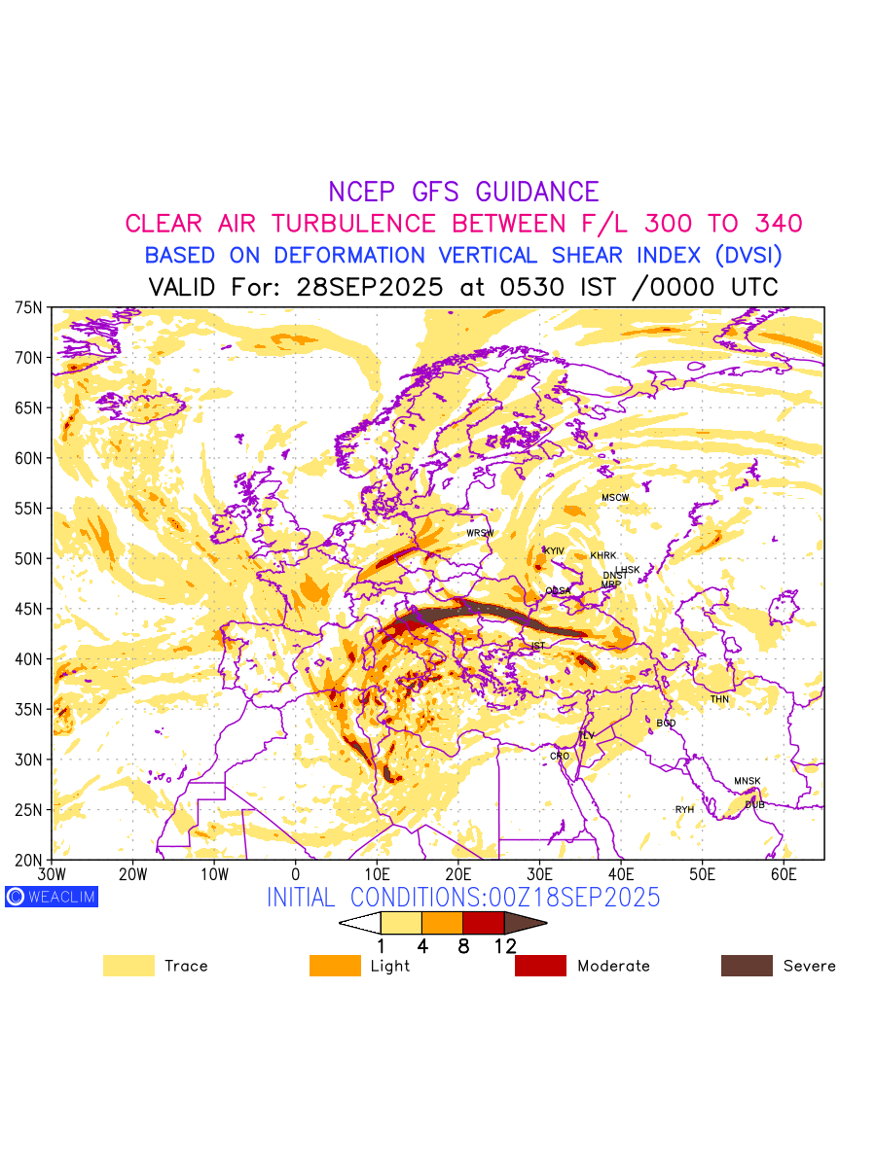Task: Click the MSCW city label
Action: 615,498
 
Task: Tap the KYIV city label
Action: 554,551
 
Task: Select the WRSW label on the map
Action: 480,533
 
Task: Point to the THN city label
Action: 719,699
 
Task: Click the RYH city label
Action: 685,809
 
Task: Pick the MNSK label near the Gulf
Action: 748,782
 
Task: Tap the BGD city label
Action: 666,724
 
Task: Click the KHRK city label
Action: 603,556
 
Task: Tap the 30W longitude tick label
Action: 52,875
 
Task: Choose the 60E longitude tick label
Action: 784,875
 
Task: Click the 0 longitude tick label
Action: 295,875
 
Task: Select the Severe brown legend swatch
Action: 747,966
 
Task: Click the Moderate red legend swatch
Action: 540,966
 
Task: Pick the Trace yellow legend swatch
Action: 128,966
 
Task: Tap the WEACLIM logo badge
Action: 52,897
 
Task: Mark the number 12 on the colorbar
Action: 505,944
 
